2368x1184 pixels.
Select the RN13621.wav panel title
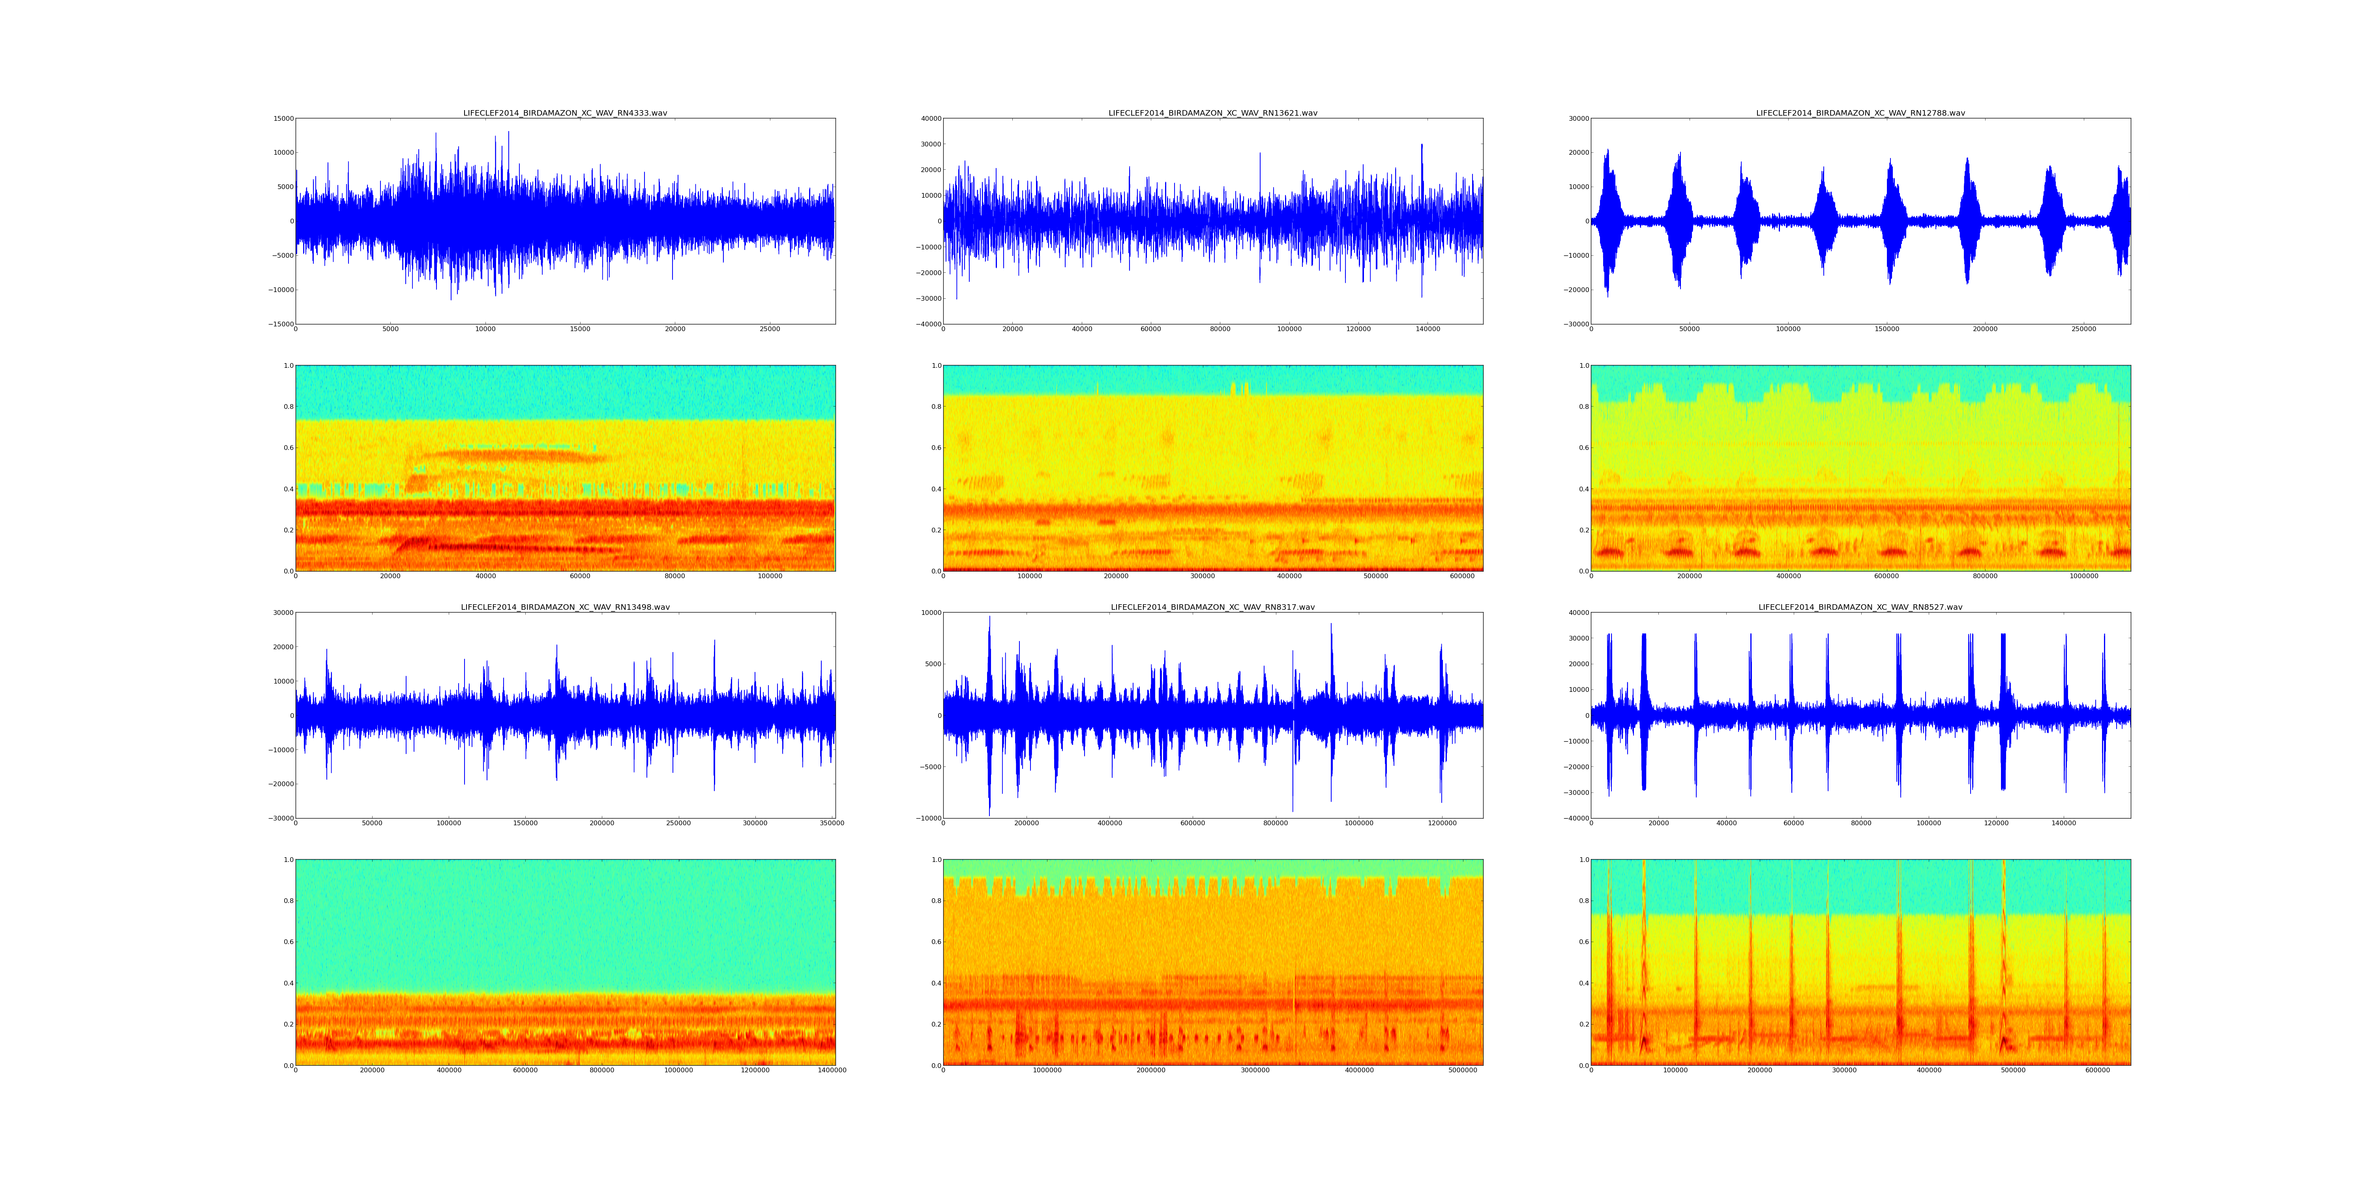point(1212,113)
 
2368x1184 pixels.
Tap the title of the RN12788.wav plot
point(1860,113)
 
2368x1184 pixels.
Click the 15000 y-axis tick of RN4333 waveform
point(281,118)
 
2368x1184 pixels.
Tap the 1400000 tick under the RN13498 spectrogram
point(832,1070)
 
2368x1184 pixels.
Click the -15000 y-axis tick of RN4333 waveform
point(279,324)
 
